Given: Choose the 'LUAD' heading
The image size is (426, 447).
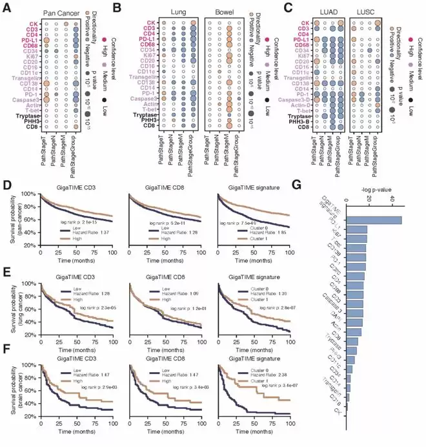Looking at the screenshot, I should (x=327, y=11).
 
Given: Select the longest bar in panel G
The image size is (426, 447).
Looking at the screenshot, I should (x=374, y=220).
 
